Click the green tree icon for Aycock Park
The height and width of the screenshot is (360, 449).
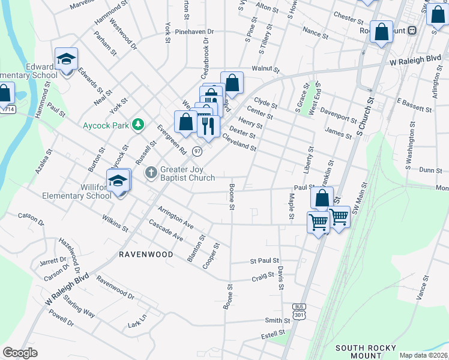(139, 124)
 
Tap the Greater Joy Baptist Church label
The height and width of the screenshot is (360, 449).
(187, 173)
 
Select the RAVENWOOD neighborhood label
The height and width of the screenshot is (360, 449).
(145, 254)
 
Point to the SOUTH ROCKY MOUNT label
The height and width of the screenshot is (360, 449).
(366, 352)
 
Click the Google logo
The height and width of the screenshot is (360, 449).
(20, 353)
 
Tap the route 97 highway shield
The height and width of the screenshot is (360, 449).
(197, 151)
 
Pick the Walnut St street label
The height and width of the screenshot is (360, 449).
(266, 70)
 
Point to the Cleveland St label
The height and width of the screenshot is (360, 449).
(240, 143)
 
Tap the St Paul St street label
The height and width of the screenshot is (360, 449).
(265, 261)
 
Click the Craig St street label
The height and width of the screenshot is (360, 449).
(262, 277)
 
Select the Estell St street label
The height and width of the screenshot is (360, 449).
(273, 334)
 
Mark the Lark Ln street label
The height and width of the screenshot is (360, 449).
(137, 323)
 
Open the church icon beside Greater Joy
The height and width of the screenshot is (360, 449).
(151, 173)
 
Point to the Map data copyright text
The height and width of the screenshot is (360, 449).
(423, 355)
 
